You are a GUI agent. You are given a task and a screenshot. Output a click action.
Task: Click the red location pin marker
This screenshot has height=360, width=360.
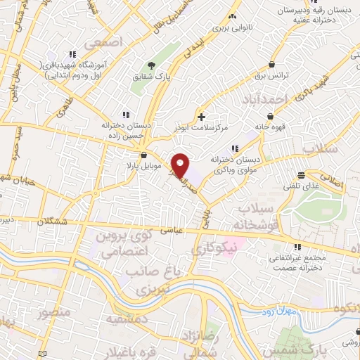[x=181, y=165]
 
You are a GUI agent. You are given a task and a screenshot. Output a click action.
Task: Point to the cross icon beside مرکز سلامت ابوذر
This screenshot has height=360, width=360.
[x=202, y=116]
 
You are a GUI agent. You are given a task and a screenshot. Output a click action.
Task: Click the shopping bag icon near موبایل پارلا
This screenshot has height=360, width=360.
[x=144, y=155]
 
